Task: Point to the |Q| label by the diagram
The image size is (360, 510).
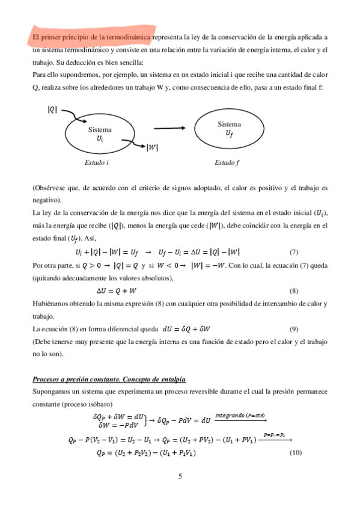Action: point(52,109)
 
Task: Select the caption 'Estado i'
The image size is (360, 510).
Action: point(97,162)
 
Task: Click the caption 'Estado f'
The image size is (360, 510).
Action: point(227,162)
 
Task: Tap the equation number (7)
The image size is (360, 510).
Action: point(294,252)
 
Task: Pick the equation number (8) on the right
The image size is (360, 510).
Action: point(294,290)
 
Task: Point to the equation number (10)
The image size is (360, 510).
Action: point(294,452)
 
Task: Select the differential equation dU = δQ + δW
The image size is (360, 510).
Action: point(189,328)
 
